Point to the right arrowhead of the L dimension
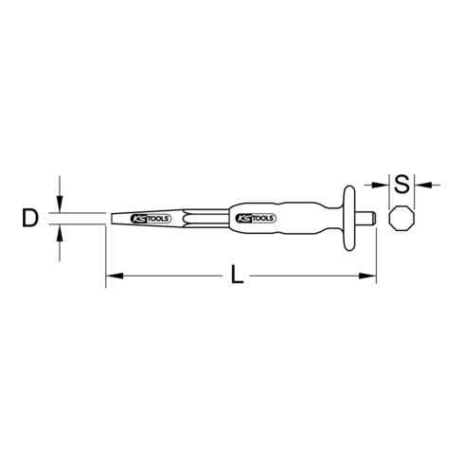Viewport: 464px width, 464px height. [370, 276]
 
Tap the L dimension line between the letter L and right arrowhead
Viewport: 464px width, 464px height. [303, 276]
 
